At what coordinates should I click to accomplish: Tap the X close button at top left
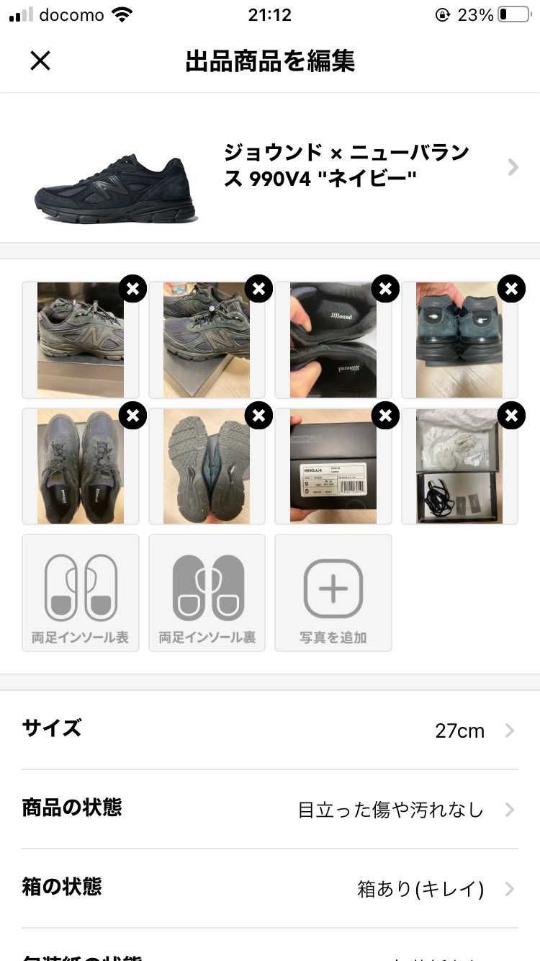(x=40, y=61)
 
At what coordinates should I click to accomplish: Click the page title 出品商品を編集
(x=270, y=61)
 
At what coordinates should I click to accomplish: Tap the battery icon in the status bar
(x=513, y=15)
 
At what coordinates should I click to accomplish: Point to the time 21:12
(x=269, y=15)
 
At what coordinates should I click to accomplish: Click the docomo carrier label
(x=71, y=15)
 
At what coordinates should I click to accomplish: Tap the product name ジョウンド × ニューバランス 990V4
(x=346, y=166)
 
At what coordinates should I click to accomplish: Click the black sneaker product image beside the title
(x=115, y=187)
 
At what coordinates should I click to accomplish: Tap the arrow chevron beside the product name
(x=513, y=167)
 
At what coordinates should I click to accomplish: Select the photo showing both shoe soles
(x=206, y=468)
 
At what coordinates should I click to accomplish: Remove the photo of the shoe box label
(x=385, y=416)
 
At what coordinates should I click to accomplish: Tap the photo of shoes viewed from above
(x=80, y=468)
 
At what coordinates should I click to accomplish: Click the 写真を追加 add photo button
(x=333, y=593)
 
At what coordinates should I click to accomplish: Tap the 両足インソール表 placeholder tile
(x=81, y=593)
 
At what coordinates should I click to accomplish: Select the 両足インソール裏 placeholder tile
(x=207, y=593)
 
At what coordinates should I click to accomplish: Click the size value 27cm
(x=459, y=731)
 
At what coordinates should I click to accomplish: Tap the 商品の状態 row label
(x=72, y=808)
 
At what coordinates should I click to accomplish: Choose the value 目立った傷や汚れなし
(x=390, y=810)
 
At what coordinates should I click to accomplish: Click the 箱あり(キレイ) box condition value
(x=420, y=889)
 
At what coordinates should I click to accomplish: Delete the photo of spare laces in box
(x=511, y=416)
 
